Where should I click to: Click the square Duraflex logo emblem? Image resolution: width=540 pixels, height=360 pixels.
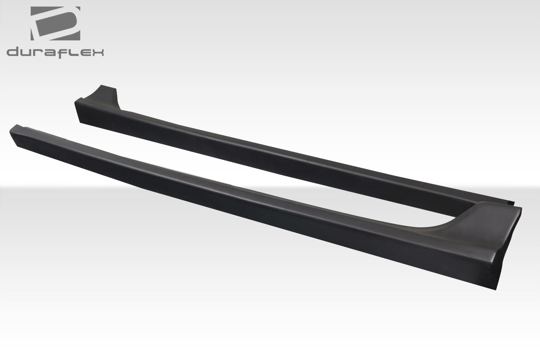(55, 24)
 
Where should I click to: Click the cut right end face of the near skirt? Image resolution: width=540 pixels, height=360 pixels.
(510, 251)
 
